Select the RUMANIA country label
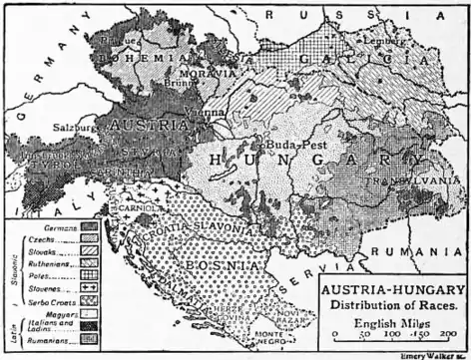(x=424, y=251)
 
